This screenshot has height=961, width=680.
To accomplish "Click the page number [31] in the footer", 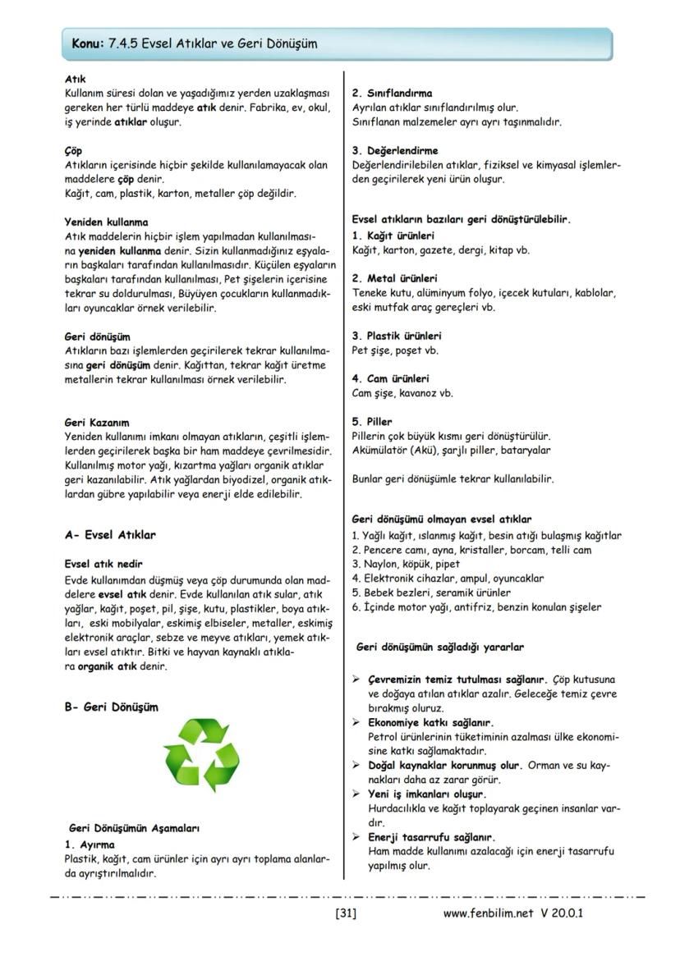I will (345, 913).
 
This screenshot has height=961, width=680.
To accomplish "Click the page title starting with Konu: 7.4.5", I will (195, 43).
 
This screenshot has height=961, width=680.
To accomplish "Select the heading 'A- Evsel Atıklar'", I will (110, 534).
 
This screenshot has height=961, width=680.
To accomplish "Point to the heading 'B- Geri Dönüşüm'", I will (111, 707).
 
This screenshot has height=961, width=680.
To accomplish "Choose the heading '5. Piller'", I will (373, 422).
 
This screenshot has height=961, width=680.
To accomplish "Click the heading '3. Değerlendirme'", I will (395, 150).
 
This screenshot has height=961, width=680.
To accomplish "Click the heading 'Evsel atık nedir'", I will (103, 564).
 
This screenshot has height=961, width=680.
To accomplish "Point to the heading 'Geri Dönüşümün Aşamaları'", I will (135, 828).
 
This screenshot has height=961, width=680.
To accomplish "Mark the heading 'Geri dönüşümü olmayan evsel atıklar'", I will (441, 519).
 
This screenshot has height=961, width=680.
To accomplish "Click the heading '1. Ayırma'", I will (90, 844).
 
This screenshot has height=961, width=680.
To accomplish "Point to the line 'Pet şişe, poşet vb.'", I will (395, 350).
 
